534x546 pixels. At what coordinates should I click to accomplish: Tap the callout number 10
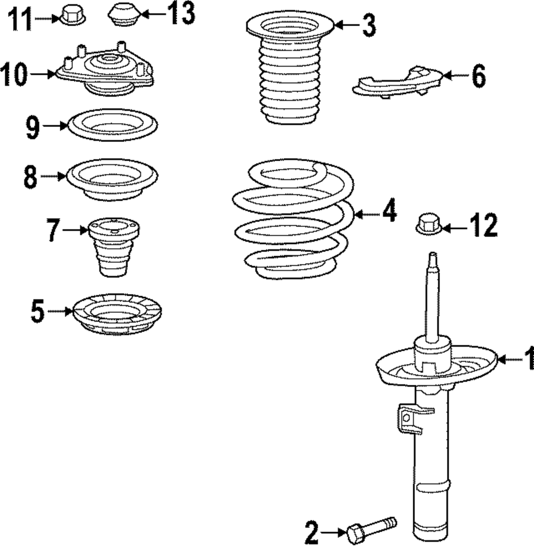[14, 74]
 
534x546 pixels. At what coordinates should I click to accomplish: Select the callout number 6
[478, 76]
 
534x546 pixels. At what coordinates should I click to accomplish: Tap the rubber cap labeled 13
[124, 14]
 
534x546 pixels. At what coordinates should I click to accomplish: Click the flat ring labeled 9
[113, 125]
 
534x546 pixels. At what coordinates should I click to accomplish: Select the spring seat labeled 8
[112, 179]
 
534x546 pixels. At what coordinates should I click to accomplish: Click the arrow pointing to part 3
[345, 25]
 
